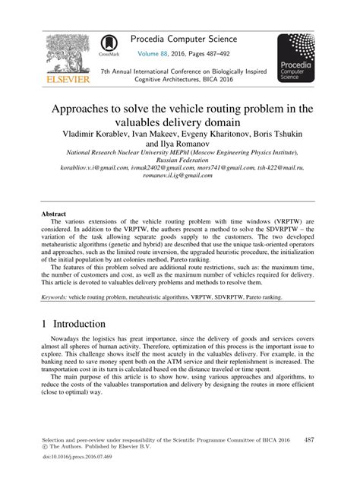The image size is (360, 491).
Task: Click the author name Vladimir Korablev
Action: [91, 133]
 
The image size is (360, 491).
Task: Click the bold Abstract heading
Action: [54, 215]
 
